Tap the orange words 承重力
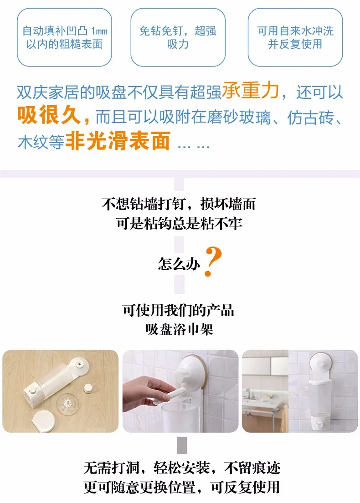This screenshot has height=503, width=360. (x=250, y=92)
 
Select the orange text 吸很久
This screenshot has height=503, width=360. (x=53, y=116)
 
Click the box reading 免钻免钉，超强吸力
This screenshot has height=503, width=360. (x=178, y=37)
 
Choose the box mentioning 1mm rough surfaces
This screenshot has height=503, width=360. (x=64, y=37)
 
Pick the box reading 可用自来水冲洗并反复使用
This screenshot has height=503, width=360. (x=295, y=37)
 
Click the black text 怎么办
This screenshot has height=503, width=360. (x=179, y=264)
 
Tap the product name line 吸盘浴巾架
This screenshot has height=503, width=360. (x=180, y=329)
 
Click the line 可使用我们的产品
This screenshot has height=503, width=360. (x=179, y=310)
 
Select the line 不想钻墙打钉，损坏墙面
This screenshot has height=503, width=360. (x=179, y=204)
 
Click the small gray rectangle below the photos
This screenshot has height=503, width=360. (x=181, y=445)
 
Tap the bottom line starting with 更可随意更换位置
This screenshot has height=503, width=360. (x=181, y=487)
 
